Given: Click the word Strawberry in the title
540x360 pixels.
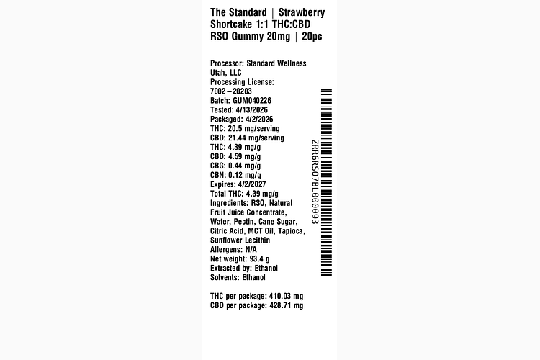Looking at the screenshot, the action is click(302, 13).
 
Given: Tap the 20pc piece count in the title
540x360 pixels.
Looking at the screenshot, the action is click(312, 36).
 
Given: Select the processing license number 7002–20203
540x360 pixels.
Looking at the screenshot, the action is click(231, 91).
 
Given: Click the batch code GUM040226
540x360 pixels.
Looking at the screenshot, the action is click(252, 101).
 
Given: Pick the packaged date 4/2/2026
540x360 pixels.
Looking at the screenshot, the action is click(259, 120).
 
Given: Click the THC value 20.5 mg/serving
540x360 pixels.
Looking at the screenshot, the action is click(254, 128).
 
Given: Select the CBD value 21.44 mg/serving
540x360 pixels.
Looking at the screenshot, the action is click(256, 138).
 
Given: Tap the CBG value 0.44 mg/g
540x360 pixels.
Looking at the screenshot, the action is click(245, 166).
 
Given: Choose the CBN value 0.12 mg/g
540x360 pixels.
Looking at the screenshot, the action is click(245, 175).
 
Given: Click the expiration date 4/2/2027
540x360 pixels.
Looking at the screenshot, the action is click(252, 184).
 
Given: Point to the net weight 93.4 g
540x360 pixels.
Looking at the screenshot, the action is click(260, 258).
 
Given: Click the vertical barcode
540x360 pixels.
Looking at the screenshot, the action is click(326, 182).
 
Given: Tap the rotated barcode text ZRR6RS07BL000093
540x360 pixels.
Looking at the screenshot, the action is click(315, 182).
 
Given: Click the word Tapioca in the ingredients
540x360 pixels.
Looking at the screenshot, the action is click(292, 231).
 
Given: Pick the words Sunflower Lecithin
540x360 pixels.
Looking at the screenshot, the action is click(240, 240).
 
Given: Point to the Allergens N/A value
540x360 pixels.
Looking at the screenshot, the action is click(251, 249).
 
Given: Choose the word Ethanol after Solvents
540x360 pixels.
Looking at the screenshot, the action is click(254, 277).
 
